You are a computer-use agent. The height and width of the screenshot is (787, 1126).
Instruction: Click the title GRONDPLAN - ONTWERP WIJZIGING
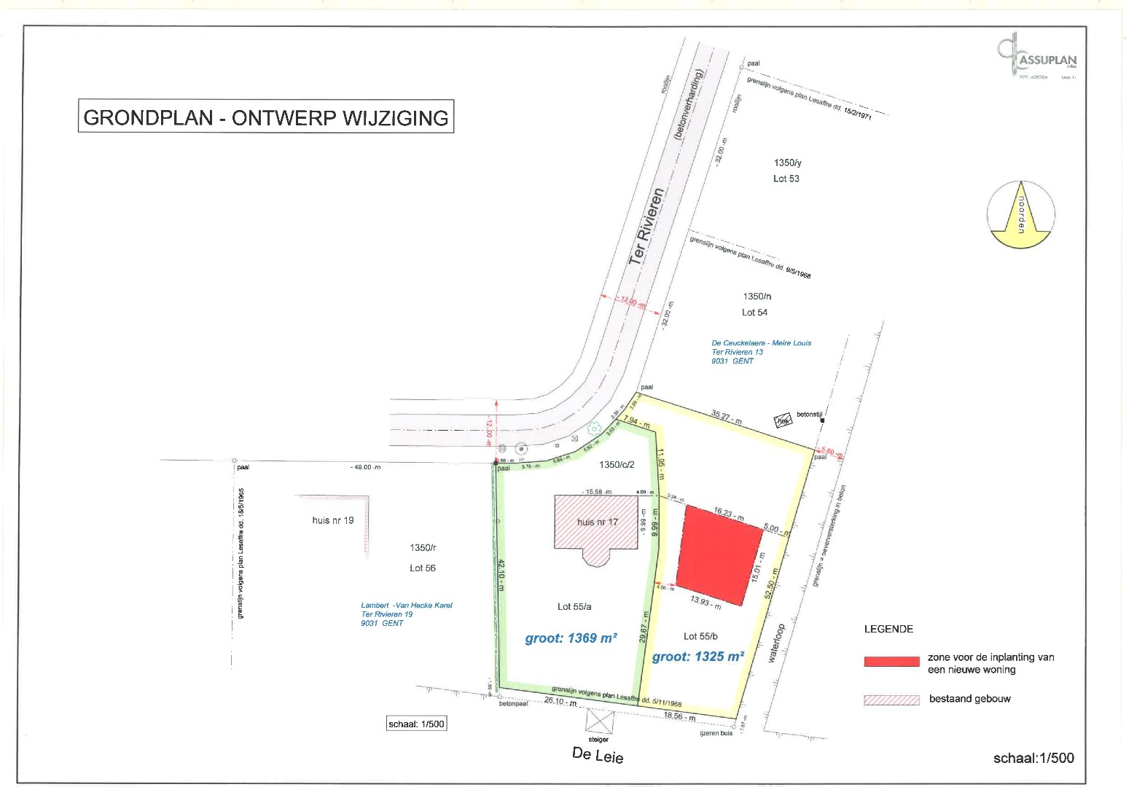click(x=266, y=117)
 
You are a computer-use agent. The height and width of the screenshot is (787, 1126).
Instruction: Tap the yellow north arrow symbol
click(x=1020, y=214)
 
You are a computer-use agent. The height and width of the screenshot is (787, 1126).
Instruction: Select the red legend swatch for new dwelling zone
click(x=891, y=662)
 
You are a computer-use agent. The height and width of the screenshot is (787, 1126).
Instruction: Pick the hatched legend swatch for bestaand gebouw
click(x=891, y=700)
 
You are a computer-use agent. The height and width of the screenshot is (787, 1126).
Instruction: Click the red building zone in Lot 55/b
click(x=719, y=555)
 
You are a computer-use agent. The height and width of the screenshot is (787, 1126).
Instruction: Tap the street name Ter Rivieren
click(x=647, y=227)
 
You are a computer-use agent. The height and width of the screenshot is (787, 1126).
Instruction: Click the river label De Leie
click(x=598, y=756)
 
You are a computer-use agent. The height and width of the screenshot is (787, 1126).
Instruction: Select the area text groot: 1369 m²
click(x=571, y=638)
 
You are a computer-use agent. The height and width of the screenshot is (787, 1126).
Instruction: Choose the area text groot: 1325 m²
click(x=697, y=657)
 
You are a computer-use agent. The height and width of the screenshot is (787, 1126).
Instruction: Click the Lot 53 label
click(x=786, y=179)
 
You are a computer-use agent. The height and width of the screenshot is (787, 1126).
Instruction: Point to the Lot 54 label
click(x=754, y=313)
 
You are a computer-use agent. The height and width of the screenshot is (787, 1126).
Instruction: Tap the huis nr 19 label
click(x=332, y=520)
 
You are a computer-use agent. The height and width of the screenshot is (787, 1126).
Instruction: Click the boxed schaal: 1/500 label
click(x=416, y=724)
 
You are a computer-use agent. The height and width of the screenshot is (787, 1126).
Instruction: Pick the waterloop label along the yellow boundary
click(x=776, y=642)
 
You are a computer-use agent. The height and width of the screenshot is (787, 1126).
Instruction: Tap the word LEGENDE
click(x=888, y=629)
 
